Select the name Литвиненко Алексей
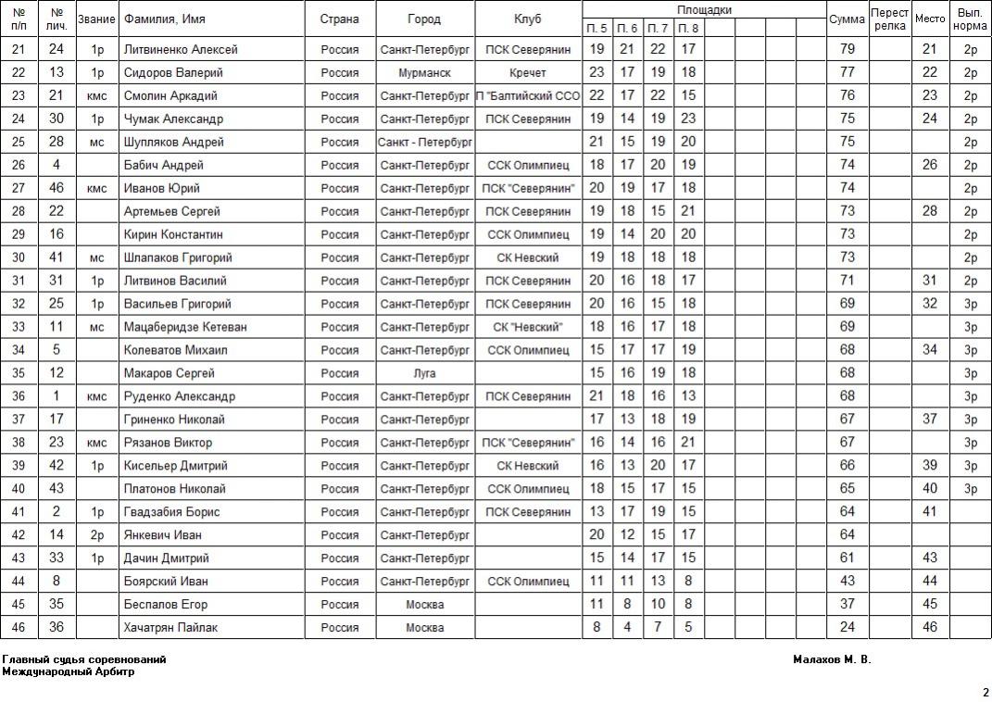click(181, 50)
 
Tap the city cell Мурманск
click(425, 73)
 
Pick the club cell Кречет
click(528, 73)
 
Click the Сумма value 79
click(847, 50)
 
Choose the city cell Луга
click(425, 373)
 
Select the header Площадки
click(704, 10)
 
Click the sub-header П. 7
click(658, 29)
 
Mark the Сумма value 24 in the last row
click(847, 628)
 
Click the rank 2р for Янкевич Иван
click(96, 535)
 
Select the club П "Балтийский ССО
click(528, 96)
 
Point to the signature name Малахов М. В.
click(832, 660)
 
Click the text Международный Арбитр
click(69, 672)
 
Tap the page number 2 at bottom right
click(986, 692)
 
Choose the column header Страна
click(340, 19)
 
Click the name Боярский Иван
click(166, 582)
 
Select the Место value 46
click(930, 628)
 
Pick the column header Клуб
click(528, 19)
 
